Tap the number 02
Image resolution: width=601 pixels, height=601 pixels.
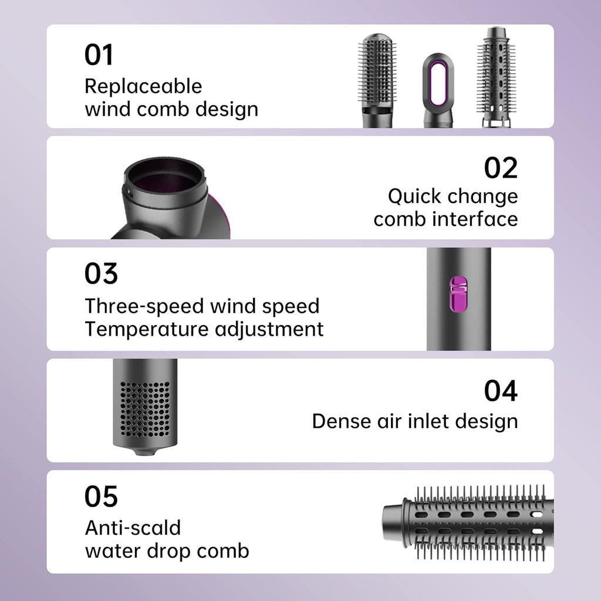point(501,168)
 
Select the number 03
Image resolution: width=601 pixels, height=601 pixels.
point(101,274)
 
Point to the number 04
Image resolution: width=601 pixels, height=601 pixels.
point(501,391)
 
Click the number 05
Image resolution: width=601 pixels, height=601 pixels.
point(101,497)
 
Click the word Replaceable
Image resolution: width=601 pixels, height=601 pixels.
point(143,86)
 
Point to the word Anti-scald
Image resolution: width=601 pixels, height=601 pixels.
point(133,527)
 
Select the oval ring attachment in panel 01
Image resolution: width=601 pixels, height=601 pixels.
point(437,88)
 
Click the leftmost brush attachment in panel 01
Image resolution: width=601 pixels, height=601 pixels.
point(376,76)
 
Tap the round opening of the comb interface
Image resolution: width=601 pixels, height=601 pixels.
point(164,176)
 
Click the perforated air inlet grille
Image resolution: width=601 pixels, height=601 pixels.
point(144,407)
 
